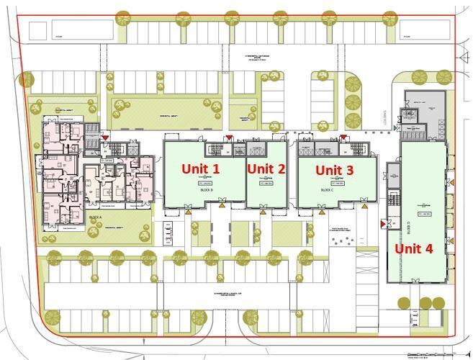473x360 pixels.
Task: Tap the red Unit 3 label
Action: coord(335,170)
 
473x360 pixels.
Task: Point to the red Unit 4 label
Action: coord(413,248)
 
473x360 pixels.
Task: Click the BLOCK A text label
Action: coord(94,217)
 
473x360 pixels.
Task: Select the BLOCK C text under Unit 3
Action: coord(326,190)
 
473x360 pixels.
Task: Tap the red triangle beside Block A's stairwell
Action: coord(107,135)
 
